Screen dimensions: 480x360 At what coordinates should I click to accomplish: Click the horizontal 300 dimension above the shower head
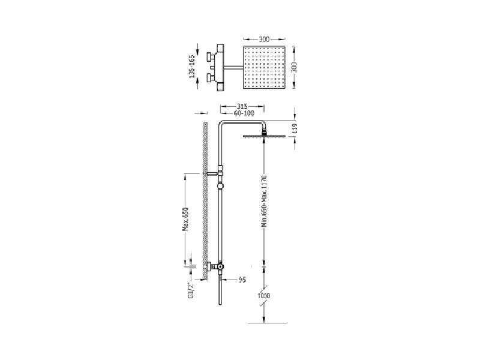[x=264, y=39]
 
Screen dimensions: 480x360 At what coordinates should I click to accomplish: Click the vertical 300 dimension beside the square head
[x=294, y=67]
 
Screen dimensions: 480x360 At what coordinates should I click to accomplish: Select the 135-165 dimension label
[x=192, y=67]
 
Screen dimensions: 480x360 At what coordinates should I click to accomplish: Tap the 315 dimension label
[x=242, y=107]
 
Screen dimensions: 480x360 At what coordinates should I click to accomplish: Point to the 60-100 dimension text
[x=244, y=113]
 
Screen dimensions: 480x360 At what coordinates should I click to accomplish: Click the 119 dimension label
[x=295, y=128]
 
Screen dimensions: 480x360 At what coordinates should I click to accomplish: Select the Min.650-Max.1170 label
[x=265, y=201]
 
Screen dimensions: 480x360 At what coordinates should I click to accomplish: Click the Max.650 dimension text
[x=185, y=219]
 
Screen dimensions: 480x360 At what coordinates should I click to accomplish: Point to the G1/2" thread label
[x=191, y=290]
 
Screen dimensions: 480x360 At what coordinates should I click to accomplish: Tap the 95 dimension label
[x=242, y=280]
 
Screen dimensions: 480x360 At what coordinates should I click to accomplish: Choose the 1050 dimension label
[x=264, y=296]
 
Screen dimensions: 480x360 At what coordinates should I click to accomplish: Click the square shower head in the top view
[x=264, y=67]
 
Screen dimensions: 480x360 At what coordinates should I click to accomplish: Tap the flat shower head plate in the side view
[x=264, y=136]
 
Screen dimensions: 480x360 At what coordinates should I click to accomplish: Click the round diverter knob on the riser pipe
[x=220, y=186]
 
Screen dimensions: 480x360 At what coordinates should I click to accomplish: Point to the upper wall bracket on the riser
[x=213, y=173]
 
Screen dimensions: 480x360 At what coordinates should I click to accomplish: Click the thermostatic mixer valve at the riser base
[x=215, y=267]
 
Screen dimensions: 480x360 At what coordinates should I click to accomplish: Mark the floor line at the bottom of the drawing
[x=267, y=323]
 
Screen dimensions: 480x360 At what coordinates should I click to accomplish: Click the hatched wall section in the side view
[x=205, y=200]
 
